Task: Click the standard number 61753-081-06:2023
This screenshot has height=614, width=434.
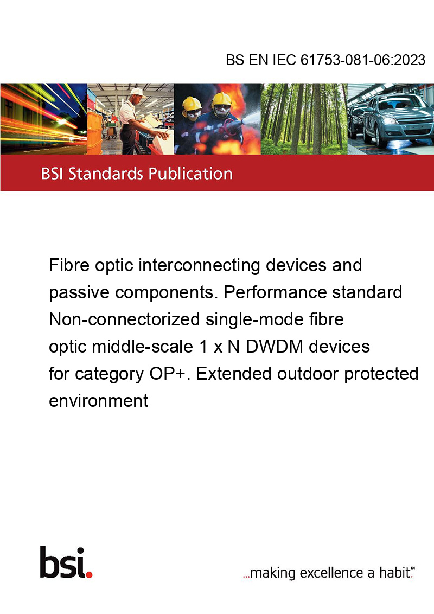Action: pyautogui.click(x=363, y=60)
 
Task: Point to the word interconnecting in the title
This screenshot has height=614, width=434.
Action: pyautogui.click(x=200, y=266)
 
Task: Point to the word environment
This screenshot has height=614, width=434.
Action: pyautogui.click(x=98, y=401)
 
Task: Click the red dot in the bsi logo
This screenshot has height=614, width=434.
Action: pyautogui.click(x=89, y=574)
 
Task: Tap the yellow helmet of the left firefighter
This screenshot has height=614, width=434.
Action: pyautogui.click(x=192, y=104)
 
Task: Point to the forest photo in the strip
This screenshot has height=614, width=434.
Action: pyautogui.click(x=304, y=119)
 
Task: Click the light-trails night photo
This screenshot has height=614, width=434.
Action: pyautogui.click(x=43, y=119)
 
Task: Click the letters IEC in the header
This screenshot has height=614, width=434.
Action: pyautogui.click(x=284, y=60)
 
